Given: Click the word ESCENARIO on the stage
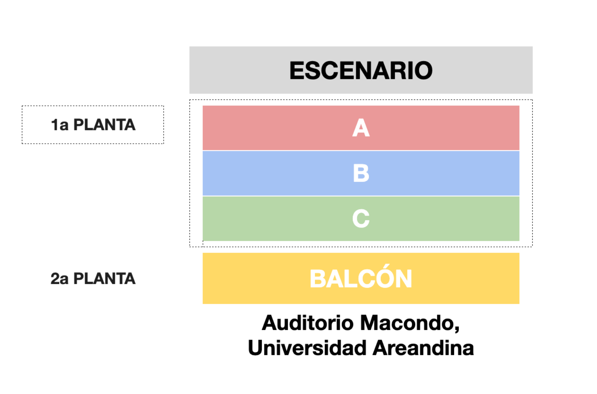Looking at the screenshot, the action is click(361, 70).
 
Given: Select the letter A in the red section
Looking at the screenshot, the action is click(361, 128).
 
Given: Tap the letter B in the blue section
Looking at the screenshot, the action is click(361, 173).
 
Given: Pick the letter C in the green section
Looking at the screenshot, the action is click(361, 219).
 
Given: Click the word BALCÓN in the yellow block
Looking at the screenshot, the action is click(361, 277).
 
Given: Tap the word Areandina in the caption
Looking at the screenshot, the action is click(423, 348).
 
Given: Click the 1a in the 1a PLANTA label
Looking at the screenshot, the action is click(60, 125).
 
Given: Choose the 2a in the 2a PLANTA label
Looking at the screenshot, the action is click(60, 279).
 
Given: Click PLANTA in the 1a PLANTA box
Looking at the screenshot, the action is click(105, 125).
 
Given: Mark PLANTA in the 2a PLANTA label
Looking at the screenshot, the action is click(105, 279).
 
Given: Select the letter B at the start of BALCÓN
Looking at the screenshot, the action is click(318, 279).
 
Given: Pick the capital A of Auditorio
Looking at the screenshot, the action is click(270, 323).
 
